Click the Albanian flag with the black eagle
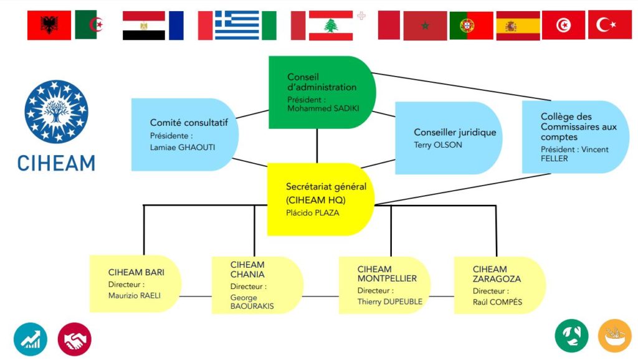[x=49, y=25]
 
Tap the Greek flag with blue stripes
[x=237, y=25]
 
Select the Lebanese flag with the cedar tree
[x=331, y=26]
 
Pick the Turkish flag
[x=610, y=25]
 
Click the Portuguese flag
[x=471, y=26]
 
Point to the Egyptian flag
[x=144, y=25]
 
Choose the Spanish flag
[x=518, y=26]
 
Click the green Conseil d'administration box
[x=322, y=92]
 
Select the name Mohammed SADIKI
[x=323, y=108]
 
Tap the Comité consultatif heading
[x=189, y=123]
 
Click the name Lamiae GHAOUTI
[x=183, y=147]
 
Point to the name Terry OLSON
[x=438, y=145]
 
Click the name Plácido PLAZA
[x=312, y=213]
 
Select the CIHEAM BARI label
[x=136, y=272]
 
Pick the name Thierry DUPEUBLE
[x=390, y=302]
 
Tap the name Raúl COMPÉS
[x=497, y=302]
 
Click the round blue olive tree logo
[x=56, y=112]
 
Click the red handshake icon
[x=75, y=339]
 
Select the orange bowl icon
[x=614, y=336]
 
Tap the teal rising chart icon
[x=31, y=339]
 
